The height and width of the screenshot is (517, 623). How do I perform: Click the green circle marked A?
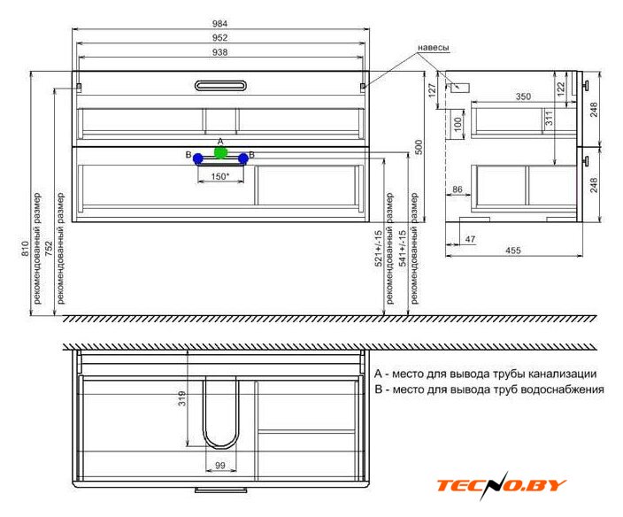tap(220, 152)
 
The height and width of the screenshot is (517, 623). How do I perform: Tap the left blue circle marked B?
tap(198, 159)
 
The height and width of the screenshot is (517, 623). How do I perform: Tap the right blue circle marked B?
tap(243, 158)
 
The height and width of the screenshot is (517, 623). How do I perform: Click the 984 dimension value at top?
tap(219, 23)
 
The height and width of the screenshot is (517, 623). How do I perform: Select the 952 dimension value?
tap(219, 38)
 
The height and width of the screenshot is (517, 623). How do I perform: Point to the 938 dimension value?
tap(219, 52)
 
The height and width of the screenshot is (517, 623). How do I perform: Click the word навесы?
tap(434, 48)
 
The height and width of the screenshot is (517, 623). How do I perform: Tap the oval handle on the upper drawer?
tap(221, 86)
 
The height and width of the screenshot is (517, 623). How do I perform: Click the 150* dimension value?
tap(220, 176)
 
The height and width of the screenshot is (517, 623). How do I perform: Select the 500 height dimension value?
tap(419, 147)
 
